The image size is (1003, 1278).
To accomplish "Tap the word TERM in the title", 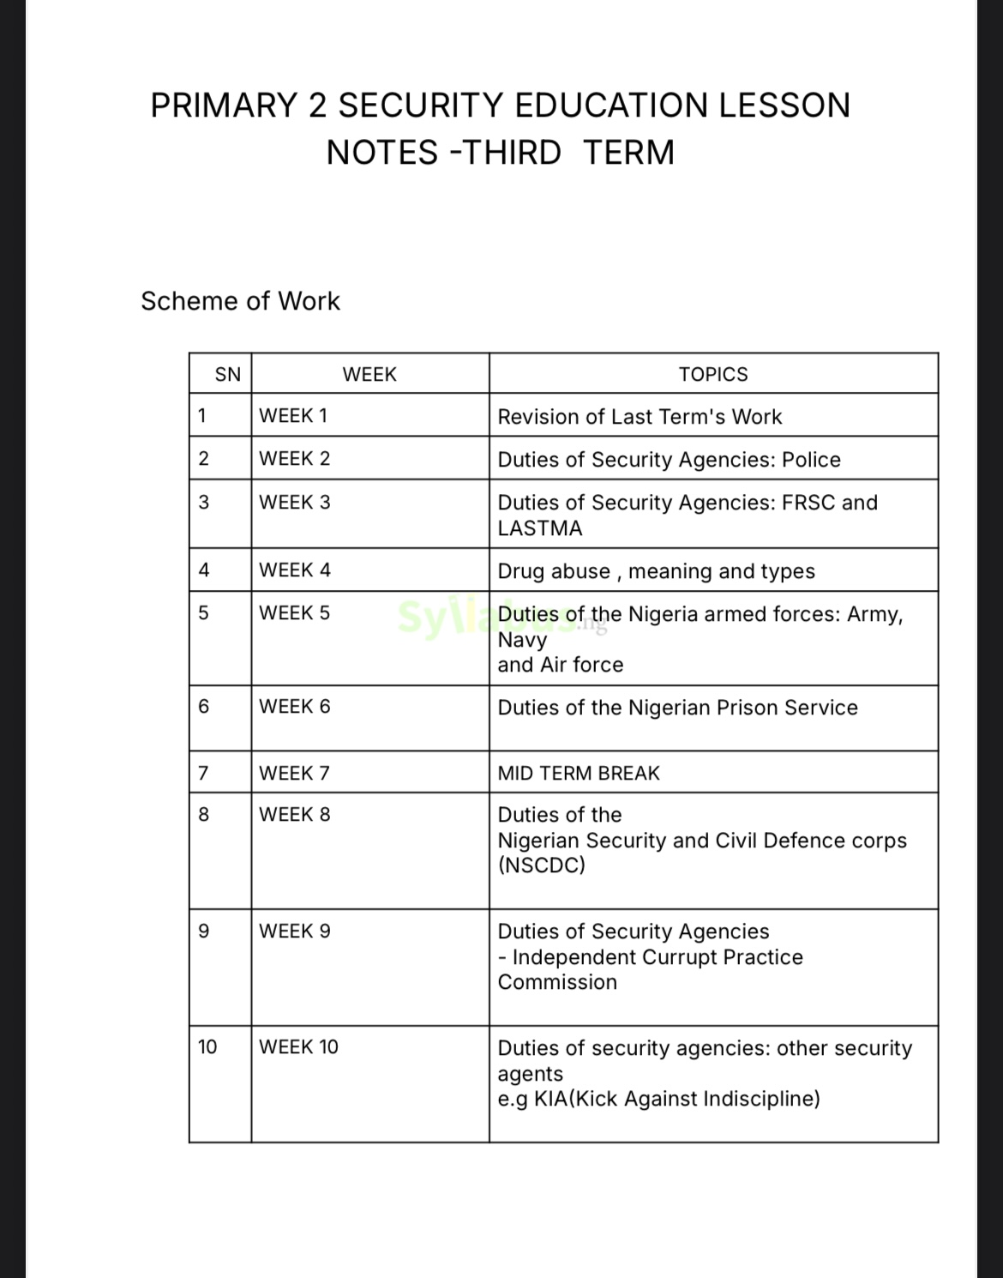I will click(x=629, y=153).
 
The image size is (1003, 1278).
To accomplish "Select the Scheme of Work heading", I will click(x=240, y=301).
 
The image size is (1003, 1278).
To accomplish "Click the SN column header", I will click(x=228, y=374).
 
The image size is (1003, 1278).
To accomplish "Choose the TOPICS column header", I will click(x=713, y=374).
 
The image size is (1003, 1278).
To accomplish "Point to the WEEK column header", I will click(x=369, y=374).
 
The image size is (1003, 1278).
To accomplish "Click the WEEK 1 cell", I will click(x=293, y=416).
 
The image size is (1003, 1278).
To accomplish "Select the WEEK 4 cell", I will click(x=295, y=570).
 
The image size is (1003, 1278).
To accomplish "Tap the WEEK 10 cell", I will click(x=298, y=1047).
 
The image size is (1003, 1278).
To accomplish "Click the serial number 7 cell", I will click(x=204, y=773).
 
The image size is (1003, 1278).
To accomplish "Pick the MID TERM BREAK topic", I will click(x=579, y=773).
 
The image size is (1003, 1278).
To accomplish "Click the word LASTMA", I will click(x=540, y=528).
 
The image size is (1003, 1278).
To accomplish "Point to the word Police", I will click(x=811, y=460).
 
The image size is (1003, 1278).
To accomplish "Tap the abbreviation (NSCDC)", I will click(x=542, y=865).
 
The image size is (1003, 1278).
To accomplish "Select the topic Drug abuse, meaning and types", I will click(x=656, y=571).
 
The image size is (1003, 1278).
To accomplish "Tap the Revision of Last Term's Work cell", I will click(x=640, y=417).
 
